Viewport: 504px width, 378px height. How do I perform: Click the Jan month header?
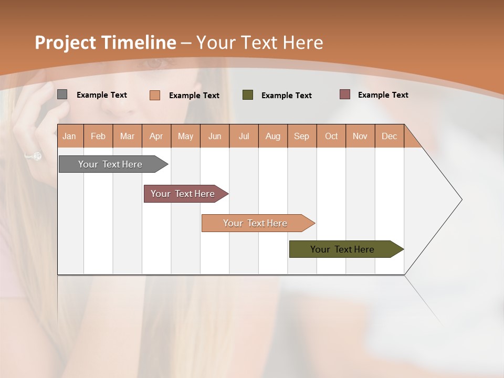click(70, 136)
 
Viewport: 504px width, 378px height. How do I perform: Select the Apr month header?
click(156, 136)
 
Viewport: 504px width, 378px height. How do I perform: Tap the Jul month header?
click(244, 136)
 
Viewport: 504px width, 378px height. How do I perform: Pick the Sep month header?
click(302, 136)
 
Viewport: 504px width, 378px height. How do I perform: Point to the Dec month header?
click(389, 136)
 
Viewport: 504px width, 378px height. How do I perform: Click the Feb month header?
click(98, 136)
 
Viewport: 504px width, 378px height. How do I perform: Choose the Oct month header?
click(331, 136)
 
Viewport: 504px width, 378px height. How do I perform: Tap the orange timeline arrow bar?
click(256, 223)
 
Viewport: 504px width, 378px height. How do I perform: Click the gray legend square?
click(62, 94)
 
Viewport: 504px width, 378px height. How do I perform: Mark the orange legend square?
click(155, 95)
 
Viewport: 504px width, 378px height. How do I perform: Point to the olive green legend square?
click(248, 95)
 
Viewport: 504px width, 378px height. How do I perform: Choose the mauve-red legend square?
click(344, 94)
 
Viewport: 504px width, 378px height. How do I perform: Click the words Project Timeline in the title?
click(105, 43)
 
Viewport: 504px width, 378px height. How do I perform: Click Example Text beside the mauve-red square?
click(383, 95)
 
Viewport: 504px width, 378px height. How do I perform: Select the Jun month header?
click(215, 136)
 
